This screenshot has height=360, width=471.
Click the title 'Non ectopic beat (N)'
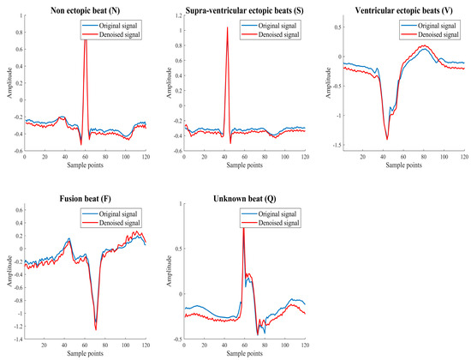(x=85, y=9)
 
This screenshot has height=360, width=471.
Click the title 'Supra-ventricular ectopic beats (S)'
(x=243, y=9)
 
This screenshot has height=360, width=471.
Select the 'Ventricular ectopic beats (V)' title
(x=402, y=9)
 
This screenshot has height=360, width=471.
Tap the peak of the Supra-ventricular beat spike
(x=227, y=27)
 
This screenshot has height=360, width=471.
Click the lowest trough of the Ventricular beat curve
(x=387, y=138)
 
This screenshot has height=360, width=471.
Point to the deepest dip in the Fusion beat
(x=96, y=328)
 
